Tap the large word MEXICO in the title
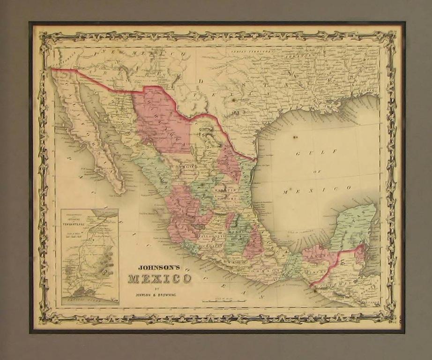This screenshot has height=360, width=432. click(x=160, y=279)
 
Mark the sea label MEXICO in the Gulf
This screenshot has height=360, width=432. click(x=317, y=189)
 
